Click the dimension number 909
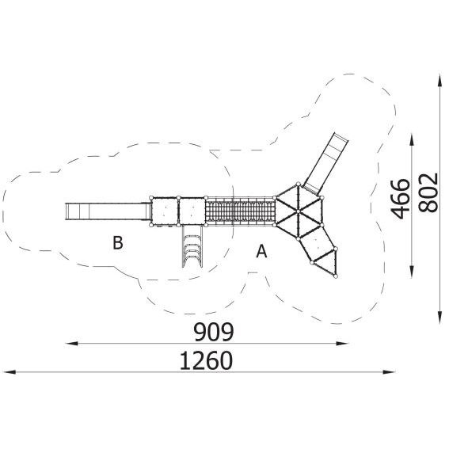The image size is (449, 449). click(x=214, y=332)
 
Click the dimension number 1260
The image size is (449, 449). click(x=206, y=360)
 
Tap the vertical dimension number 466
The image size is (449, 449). click(x=400, y=199)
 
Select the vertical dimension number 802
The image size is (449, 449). click(x=428, y=192)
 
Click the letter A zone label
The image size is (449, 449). click(x=261, y=251)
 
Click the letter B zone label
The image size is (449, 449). click(x=118, y=242)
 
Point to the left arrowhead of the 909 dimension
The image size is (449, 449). click(x=71, y=343)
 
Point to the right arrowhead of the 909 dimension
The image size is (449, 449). click(x=342, y=343)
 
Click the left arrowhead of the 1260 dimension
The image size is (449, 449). click(x=10, y=372)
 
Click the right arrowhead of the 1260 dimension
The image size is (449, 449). click(x=389, y=372)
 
